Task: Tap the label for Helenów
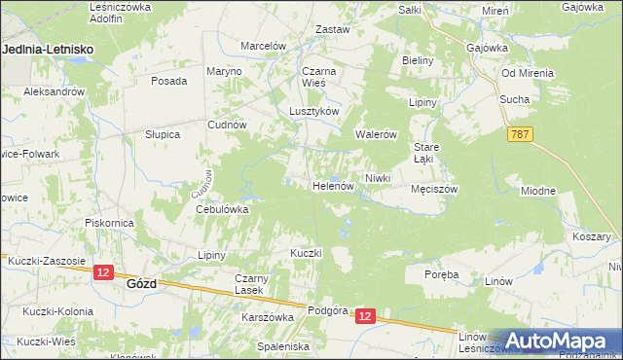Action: [x=332, y=185]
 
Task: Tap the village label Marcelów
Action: [x=263, y=46]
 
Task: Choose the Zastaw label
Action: [x=333, y=29]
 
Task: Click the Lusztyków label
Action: [x=313, y=111]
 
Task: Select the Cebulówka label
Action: [x=223, y=209]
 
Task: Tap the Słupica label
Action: [x=163, y=134]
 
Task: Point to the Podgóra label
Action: [x=327, y=310]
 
